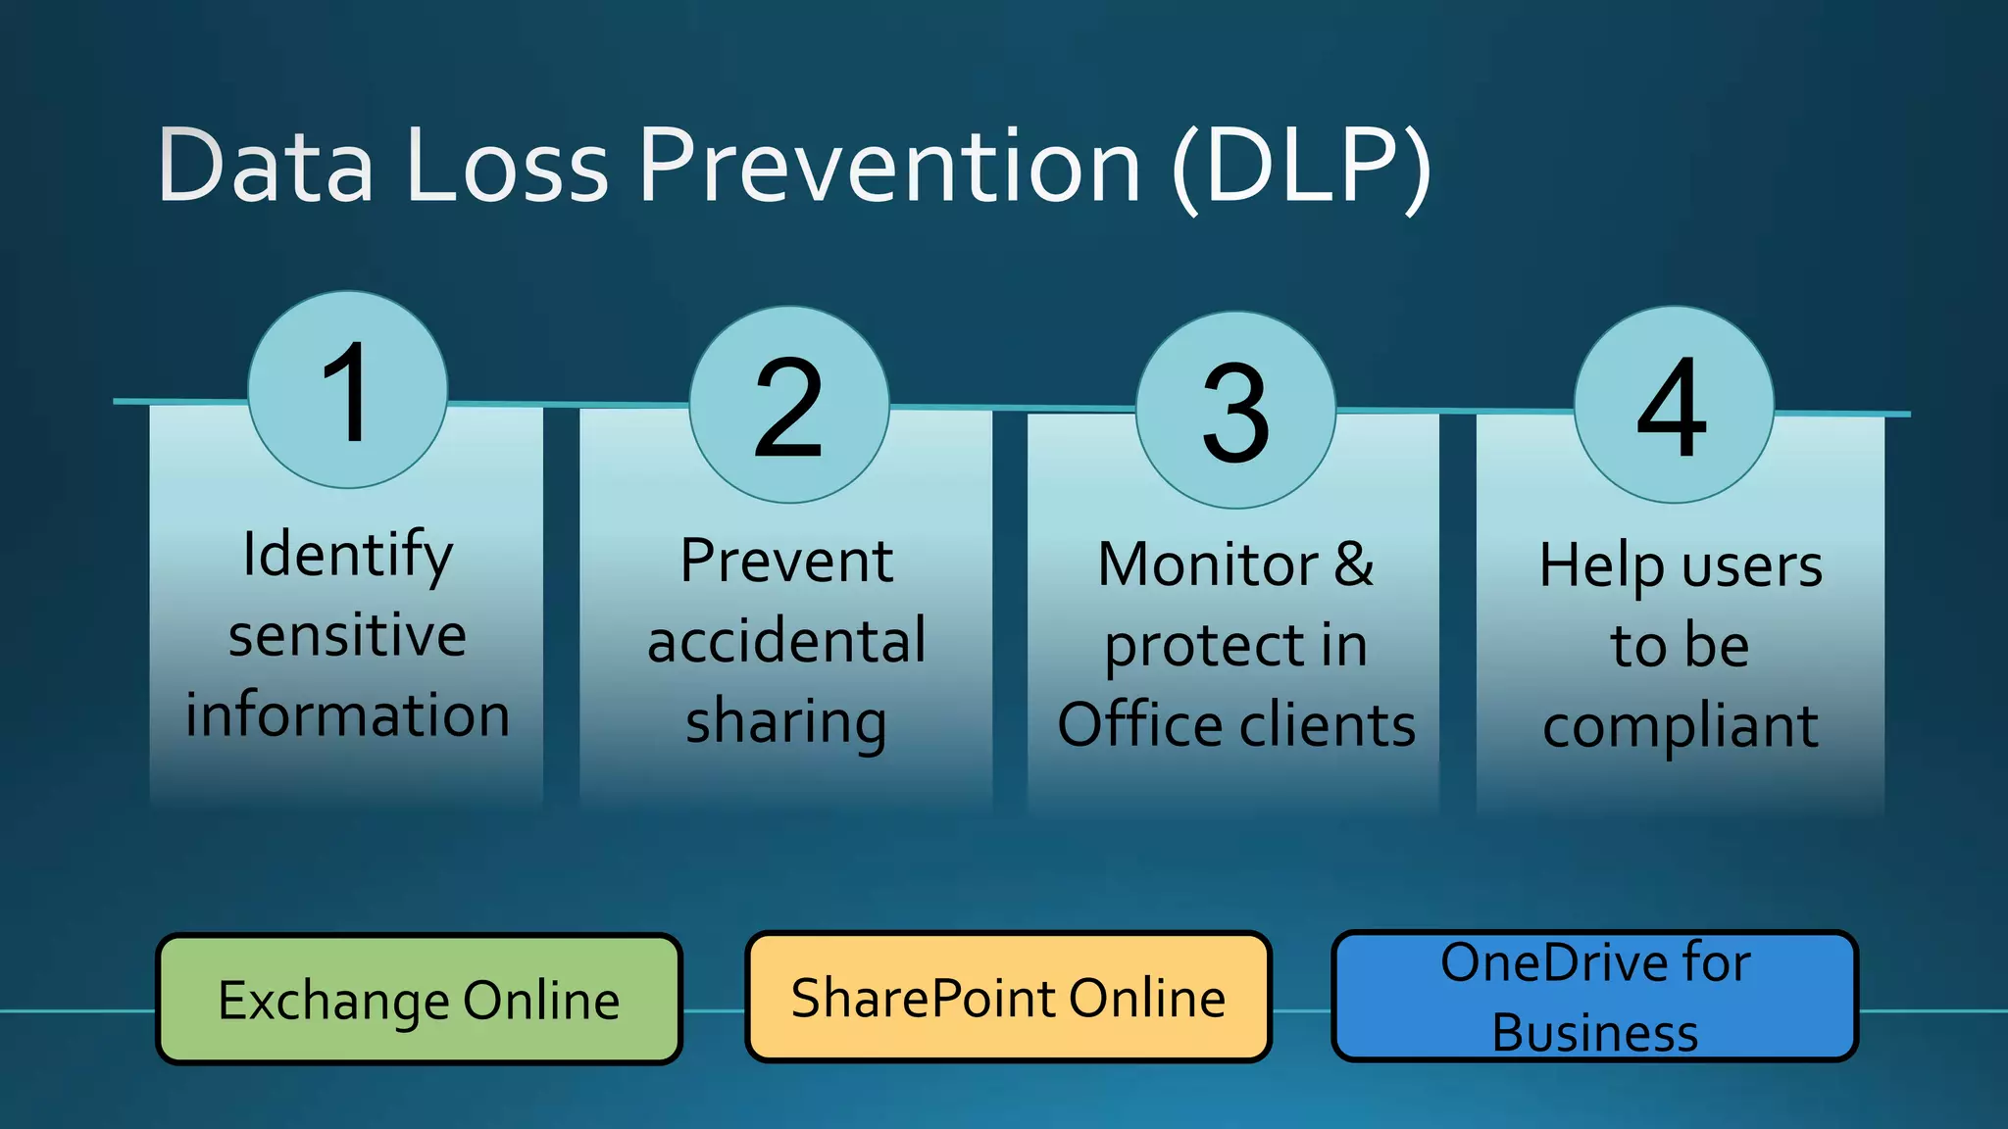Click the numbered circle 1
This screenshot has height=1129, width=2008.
pos(347,390)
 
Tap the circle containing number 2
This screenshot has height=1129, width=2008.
pos(788,405)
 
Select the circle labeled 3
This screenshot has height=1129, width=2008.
pos(1235,410)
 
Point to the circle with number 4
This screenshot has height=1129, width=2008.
pos(1673,405)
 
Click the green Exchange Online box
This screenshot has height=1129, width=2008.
pos(419,999)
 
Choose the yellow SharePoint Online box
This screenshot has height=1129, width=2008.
pos(1008,997)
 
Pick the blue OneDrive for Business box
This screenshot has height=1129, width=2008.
pos(1594,997)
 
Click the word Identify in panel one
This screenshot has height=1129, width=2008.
pos(347,555)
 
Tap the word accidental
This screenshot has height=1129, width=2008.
pos(786,641)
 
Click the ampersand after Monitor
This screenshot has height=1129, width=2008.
pos(1353,564)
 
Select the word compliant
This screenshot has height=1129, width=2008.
pos(1680,727)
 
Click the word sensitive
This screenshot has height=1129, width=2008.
pos(347,635)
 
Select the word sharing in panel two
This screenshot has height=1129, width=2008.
pos(786,722)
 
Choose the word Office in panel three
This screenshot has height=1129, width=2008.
pos(1139,725)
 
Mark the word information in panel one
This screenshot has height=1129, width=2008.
pos(347,714)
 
